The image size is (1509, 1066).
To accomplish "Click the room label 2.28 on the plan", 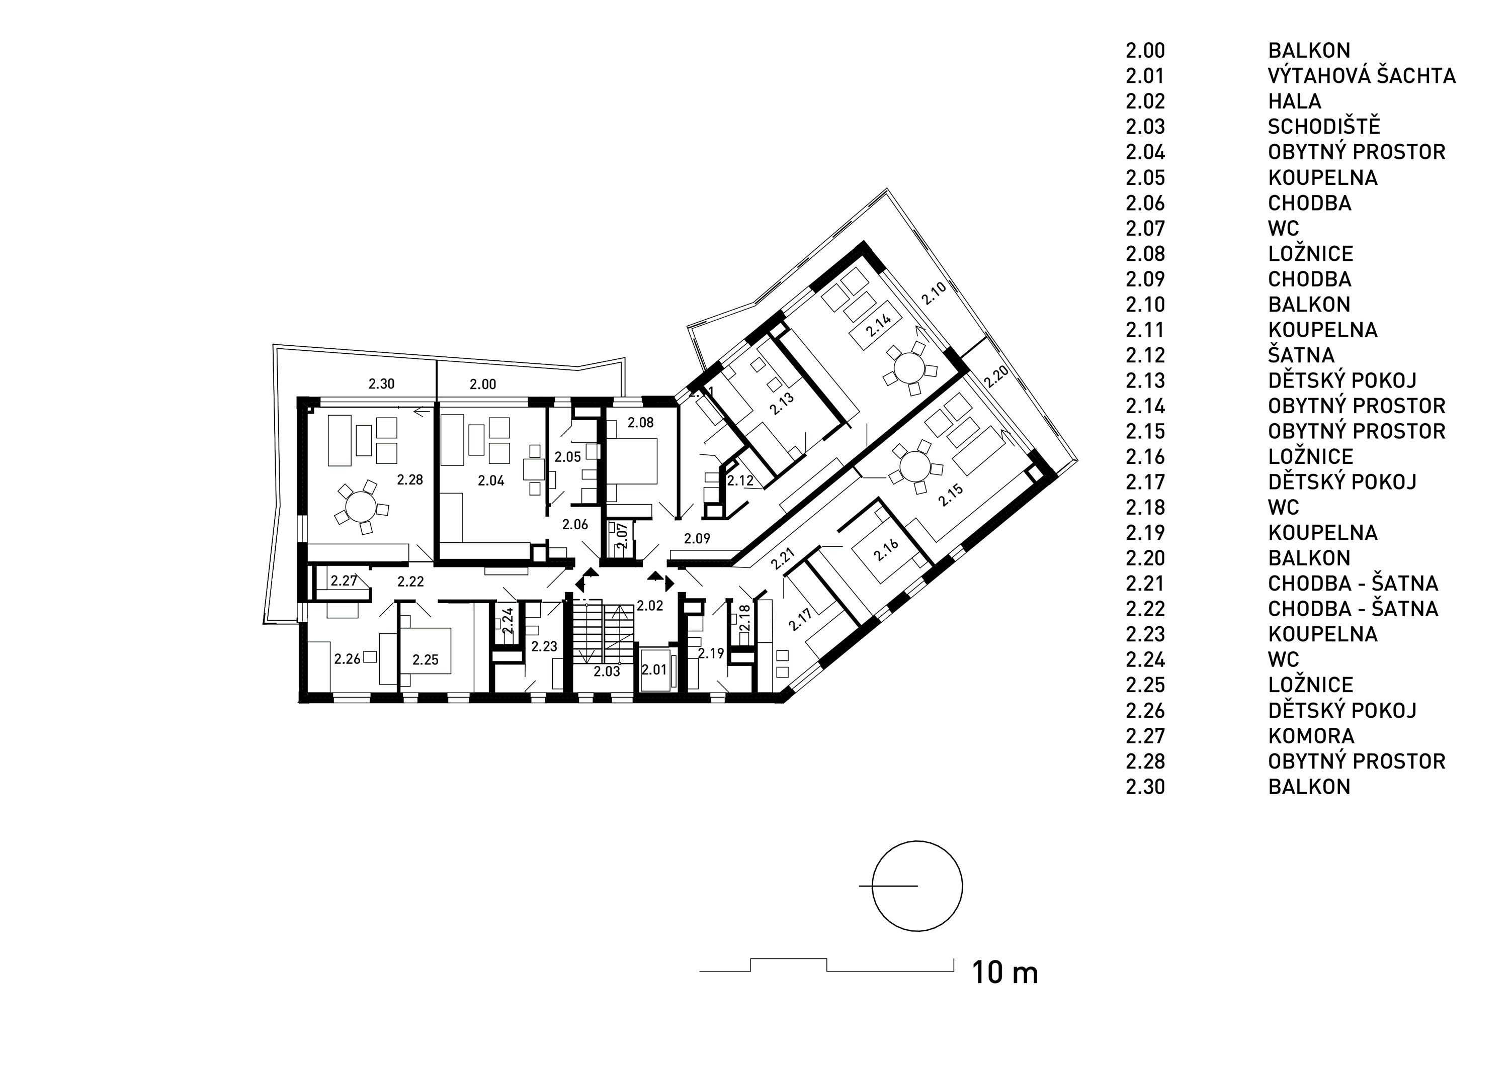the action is coord(410,479).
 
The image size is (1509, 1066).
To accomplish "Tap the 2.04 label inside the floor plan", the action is coord(491,481).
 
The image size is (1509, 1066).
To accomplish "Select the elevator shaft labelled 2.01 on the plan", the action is coord(654,670).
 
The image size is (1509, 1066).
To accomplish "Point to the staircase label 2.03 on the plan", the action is coord(607,671).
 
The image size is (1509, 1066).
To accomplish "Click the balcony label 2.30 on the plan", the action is coord(381,384).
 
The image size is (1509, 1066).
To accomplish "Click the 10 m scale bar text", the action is coord(1005,973).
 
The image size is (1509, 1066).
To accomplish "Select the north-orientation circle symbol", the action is coord(917,886).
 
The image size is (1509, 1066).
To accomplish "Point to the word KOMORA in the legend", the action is coord(1311,736).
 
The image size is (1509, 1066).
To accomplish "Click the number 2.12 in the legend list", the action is coord(1145,355).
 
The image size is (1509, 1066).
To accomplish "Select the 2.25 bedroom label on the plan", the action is coord(425,659).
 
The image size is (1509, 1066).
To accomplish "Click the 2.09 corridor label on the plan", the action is coord(697,539).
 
